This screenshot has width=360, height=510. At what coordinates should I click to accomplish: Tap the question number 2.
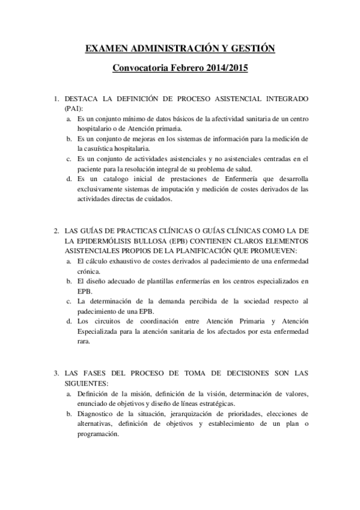point(55,230)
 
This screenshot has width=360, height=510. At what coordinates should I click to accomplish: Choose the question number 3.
point(55,373)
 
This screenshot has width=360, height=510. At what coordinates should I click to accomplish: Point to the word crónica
point(88,271)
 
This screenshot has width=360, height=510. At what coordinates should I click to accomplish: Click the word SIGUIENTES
point(85,383)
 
